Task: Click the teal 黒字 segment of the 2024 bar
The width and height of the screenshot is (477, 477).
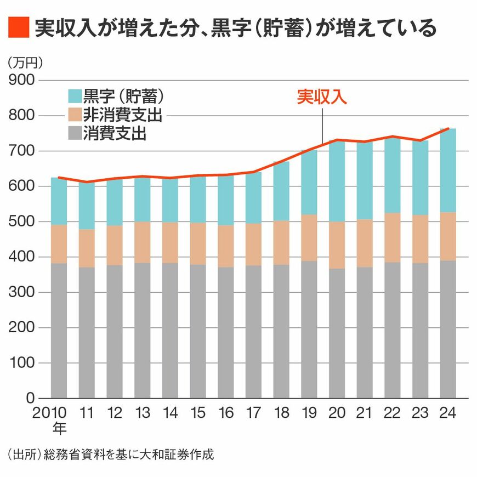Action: (x=448, y=170)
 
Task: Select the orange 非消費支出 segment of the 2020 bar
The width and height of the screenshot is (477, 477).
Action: (x=337, y=245)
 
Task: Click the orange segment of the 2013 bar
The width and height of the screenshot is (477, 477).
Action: (x=142, y=242)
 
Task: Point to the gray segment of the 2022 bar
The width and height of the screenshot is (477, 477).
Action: (x=393, y=330)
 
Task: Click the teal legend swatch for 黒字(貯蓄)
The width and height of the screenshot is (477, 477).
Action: (x=74, y=96)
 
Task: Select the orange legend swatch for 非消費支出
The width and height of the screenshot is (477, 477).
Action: (x=74, y=115)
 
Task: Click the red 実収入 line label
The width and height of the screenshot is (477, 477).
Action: (x=322, y=97)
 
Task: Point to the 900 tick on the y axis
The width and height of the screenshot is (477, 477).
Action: (x=22, y=81)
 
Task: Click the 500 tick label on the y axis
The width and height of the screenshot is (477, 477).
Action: (x=22, y=222)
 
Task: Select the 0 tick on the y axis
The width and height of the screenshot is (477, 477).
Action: (x=30, y=399)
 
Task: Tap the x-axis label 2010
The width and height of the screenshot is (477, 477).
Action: (x=50, y=413)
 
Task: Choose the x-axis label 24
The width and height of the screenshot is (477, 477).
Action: (x=448, y=413)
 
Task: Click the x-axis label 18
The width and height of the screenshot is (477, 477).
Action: (x=281, y=413)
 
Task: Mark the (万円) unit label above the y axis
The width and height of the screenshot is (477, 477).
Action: (x=25, y=63)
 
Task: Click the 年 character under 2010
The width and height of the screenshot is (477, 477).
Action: (x=59, y=427)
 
